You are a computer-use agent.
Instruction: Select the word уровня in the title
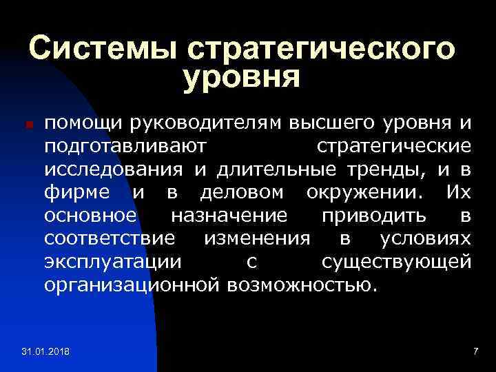pos(242,77)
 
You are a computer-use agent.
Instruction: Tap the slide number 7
pos(475,352)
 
